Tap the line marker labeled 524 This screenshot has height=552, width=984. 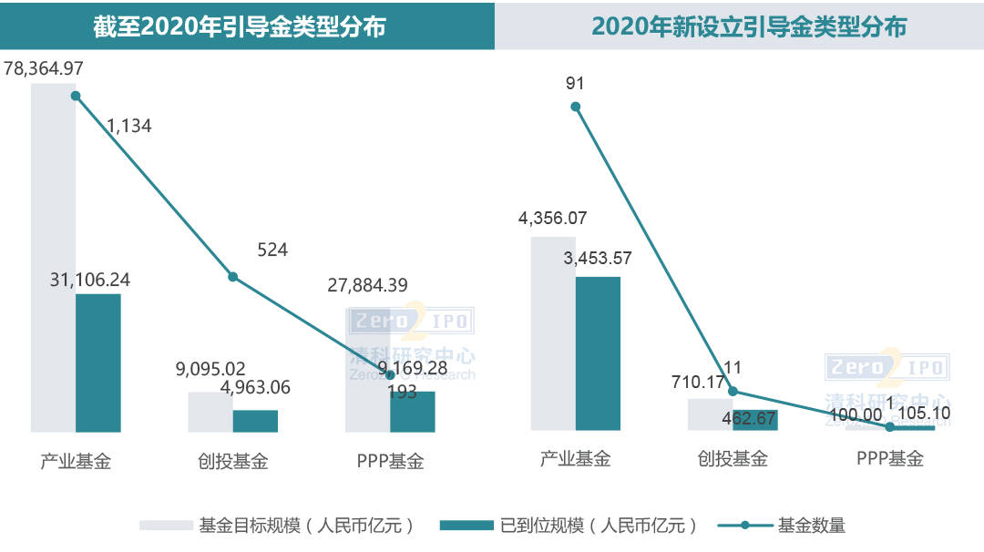click(x=232, y=276)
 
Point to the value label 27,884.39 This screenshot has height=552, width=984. click(x=367, y=285)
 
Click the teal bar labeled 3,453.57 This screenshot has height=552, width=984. click(x=598, y=353)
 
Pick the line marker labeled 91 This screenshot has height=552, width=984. click(x=575, y=107)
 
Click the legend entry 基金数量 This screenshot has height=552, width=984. click(x=811, y=526)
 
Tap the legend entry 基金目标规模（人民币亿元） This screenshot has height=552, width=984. click(x=306, y=526)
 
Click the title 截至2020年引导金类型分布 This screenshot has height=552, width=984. click(x=240, y=26)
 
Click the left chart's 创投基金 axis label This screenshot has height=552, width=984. click(x=233, y=461)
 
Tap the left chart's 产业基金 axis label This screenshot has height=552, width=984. click(x=76, y=461)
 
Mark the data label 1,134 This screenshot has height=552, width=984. click(x=129, y=127)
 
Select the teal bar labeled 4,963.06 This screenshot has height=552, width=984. click(x=255, y=421)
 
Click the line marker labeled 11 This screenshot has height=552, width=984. click(x=733, y=392)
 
